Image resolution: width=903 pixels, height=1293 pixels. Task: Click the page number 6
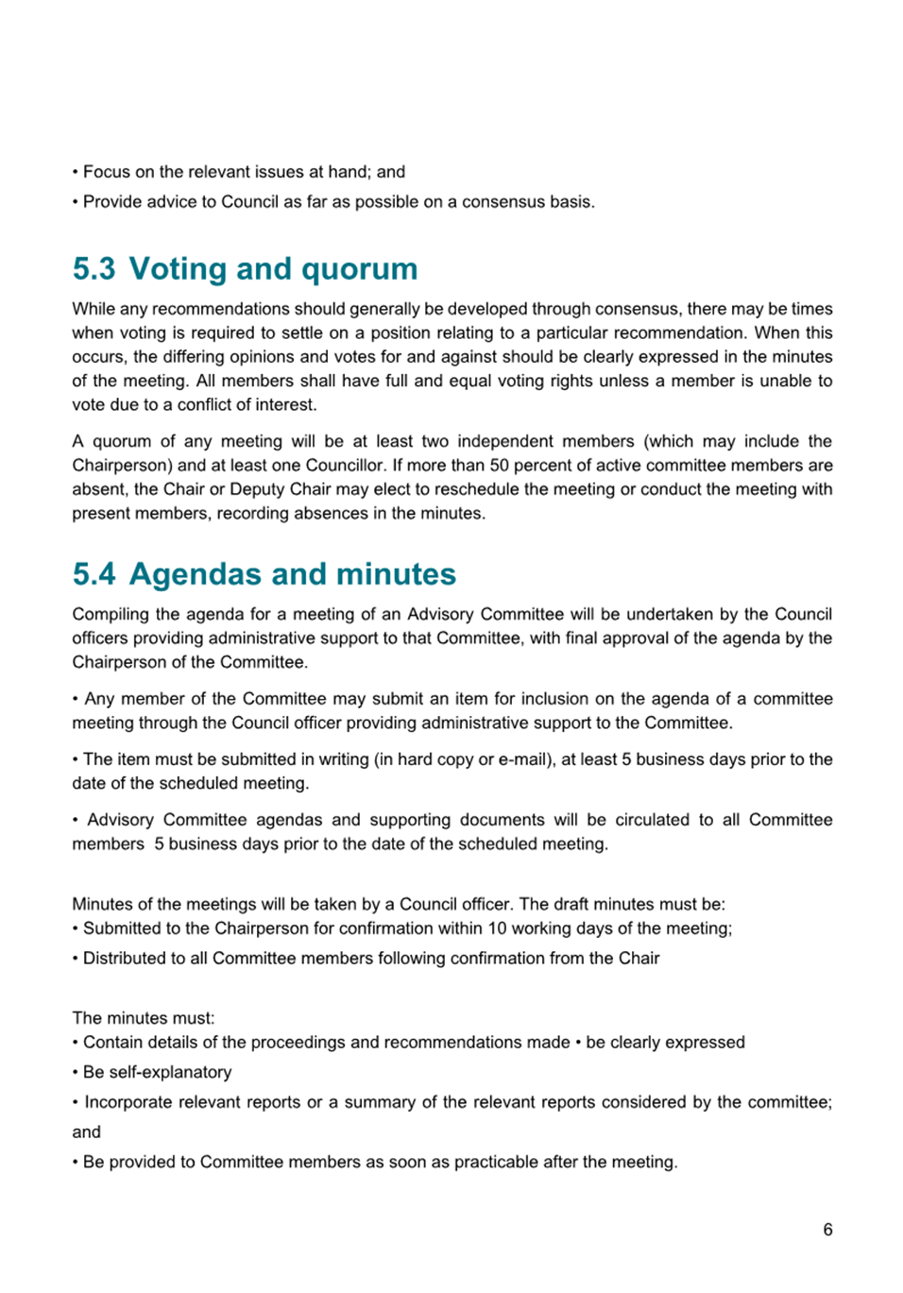[827, 1229]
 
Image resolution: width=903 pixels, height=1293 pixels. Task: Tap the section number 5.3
[94, 269]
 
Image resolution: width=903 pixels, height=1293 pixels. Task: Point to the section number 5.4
[94, 574]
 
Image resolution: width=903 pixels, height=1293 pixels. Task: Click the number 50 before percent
[499, 465]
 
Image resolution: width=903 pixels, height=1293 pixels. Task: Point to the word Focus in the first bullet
[106, 172]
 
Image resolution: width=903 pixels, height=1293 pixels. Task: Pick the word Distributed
[124, 958]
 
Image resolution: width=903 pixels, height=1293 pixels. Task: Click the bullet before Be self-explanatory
[76, 1072]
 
